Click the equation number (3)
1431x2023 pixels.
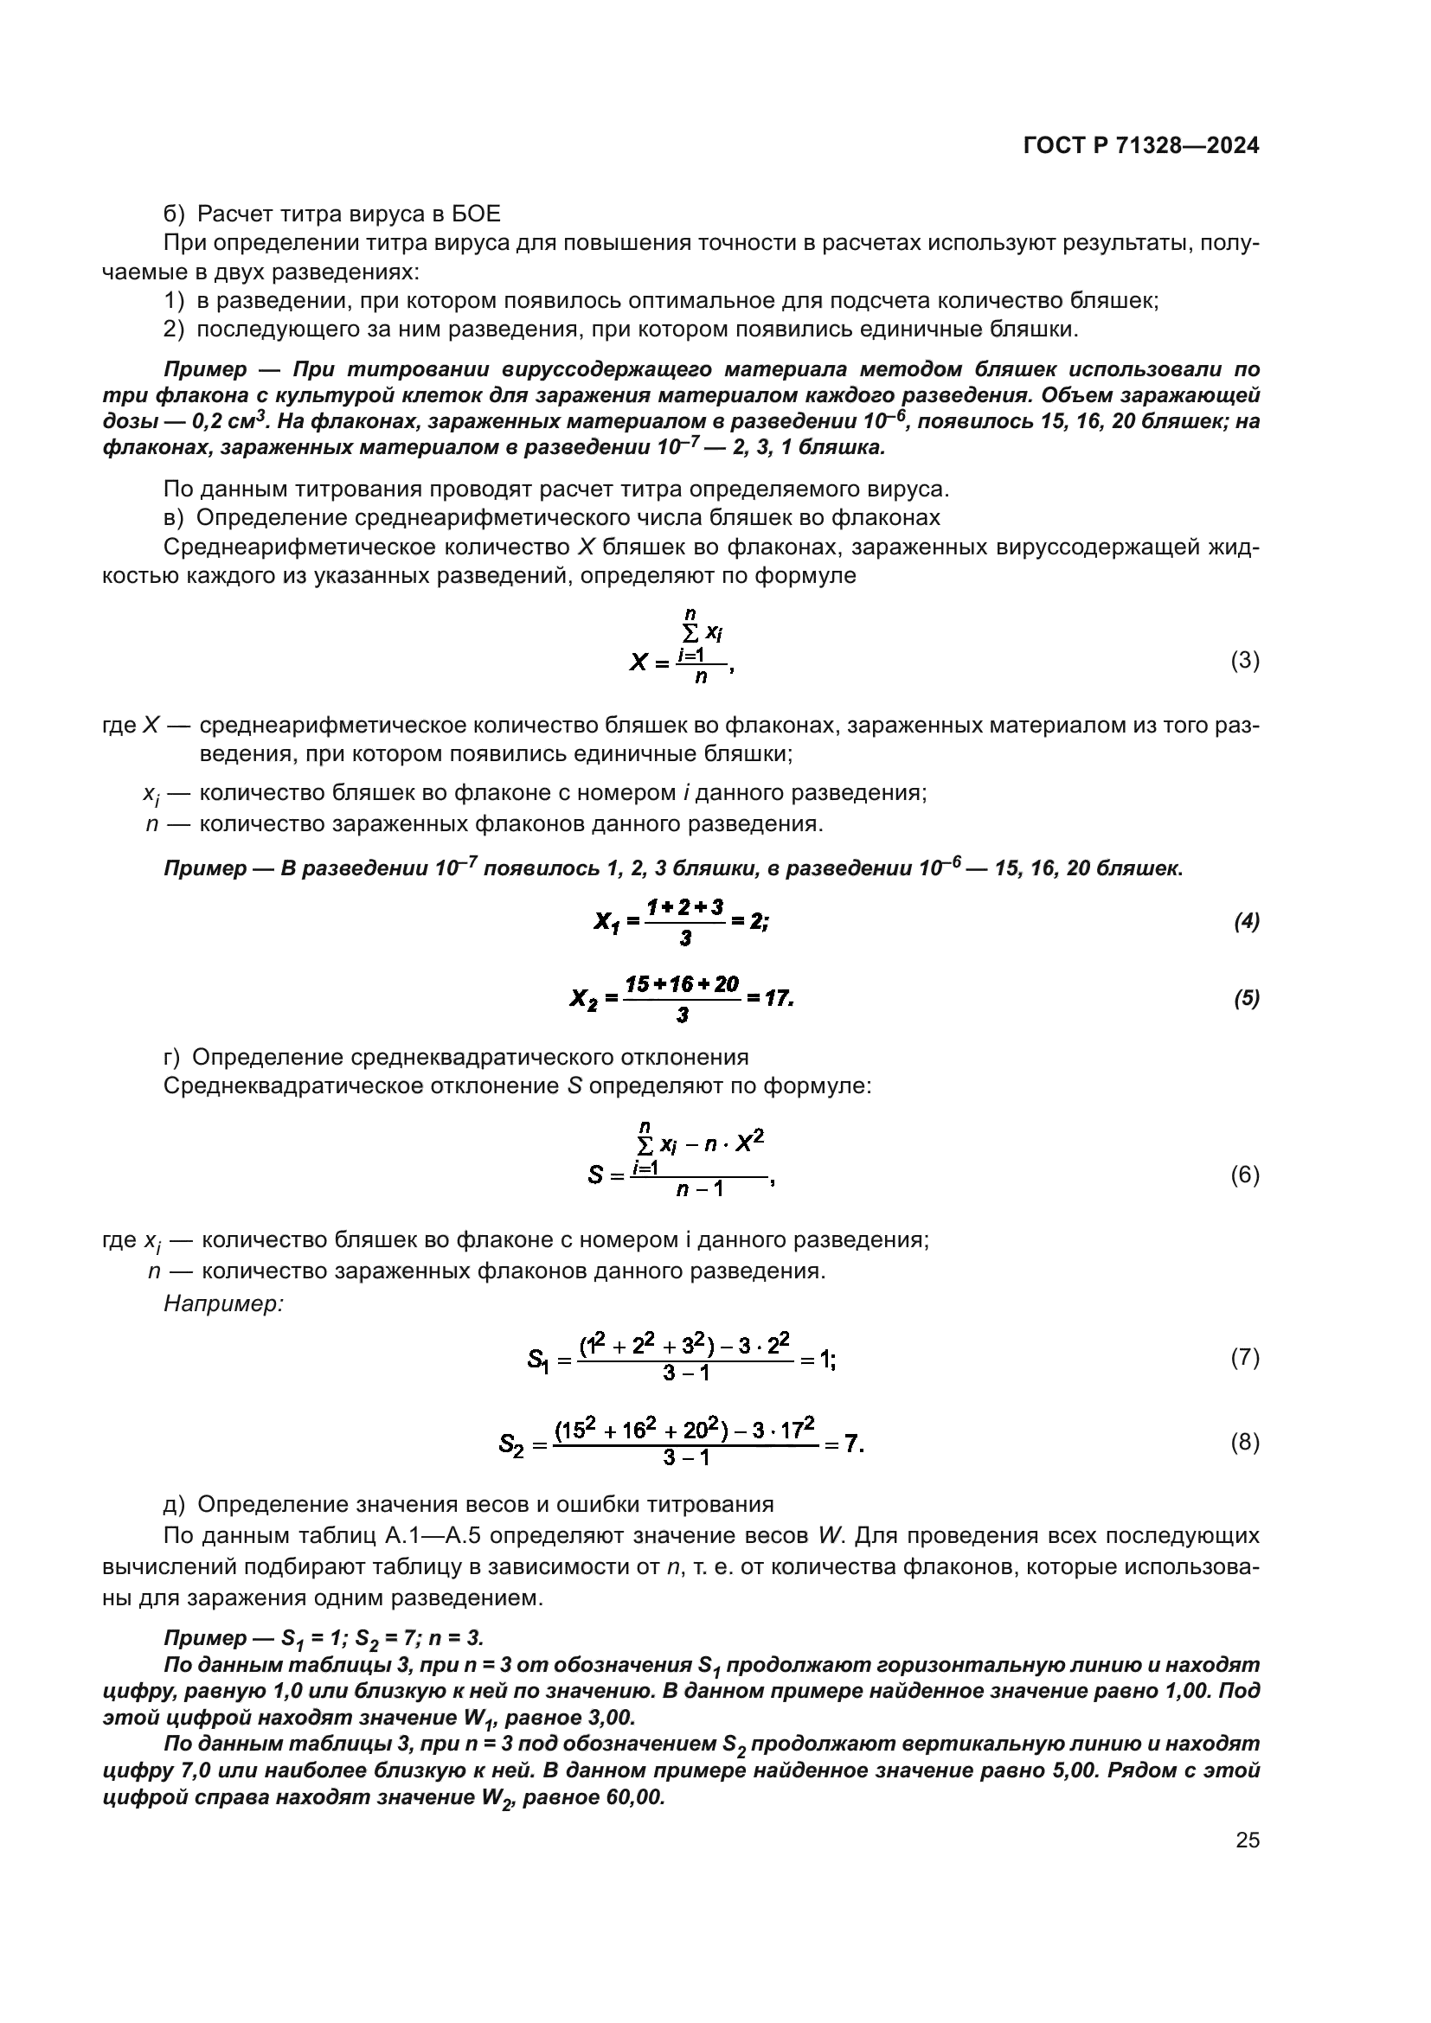[x=1244, y=660]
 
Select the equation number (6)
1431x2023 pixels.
[x=1244, y=1175]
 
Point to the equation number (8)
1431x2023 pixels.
[x=1244, y=1443]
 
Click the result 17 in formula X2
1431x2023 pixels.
[x=778, y=998]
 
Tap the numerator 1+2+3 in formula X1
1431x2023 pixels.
[x=684, y=906]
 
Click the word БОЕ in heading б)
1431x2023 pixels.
[x=477, y=214]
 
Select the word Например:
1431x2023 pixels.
[x=224, y=1303]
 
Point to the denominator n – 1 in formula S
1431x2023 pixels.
[x=700, y=1189]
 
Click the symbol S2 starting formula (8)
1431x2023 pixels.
[x=511, y=1444]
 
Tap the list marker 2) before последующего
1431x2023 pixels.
[x=175, y=330]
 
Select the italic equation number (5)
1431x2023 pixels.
[x=1246, y=998]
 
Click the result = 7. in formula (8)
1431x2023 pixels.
[x=844, y=1444]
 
